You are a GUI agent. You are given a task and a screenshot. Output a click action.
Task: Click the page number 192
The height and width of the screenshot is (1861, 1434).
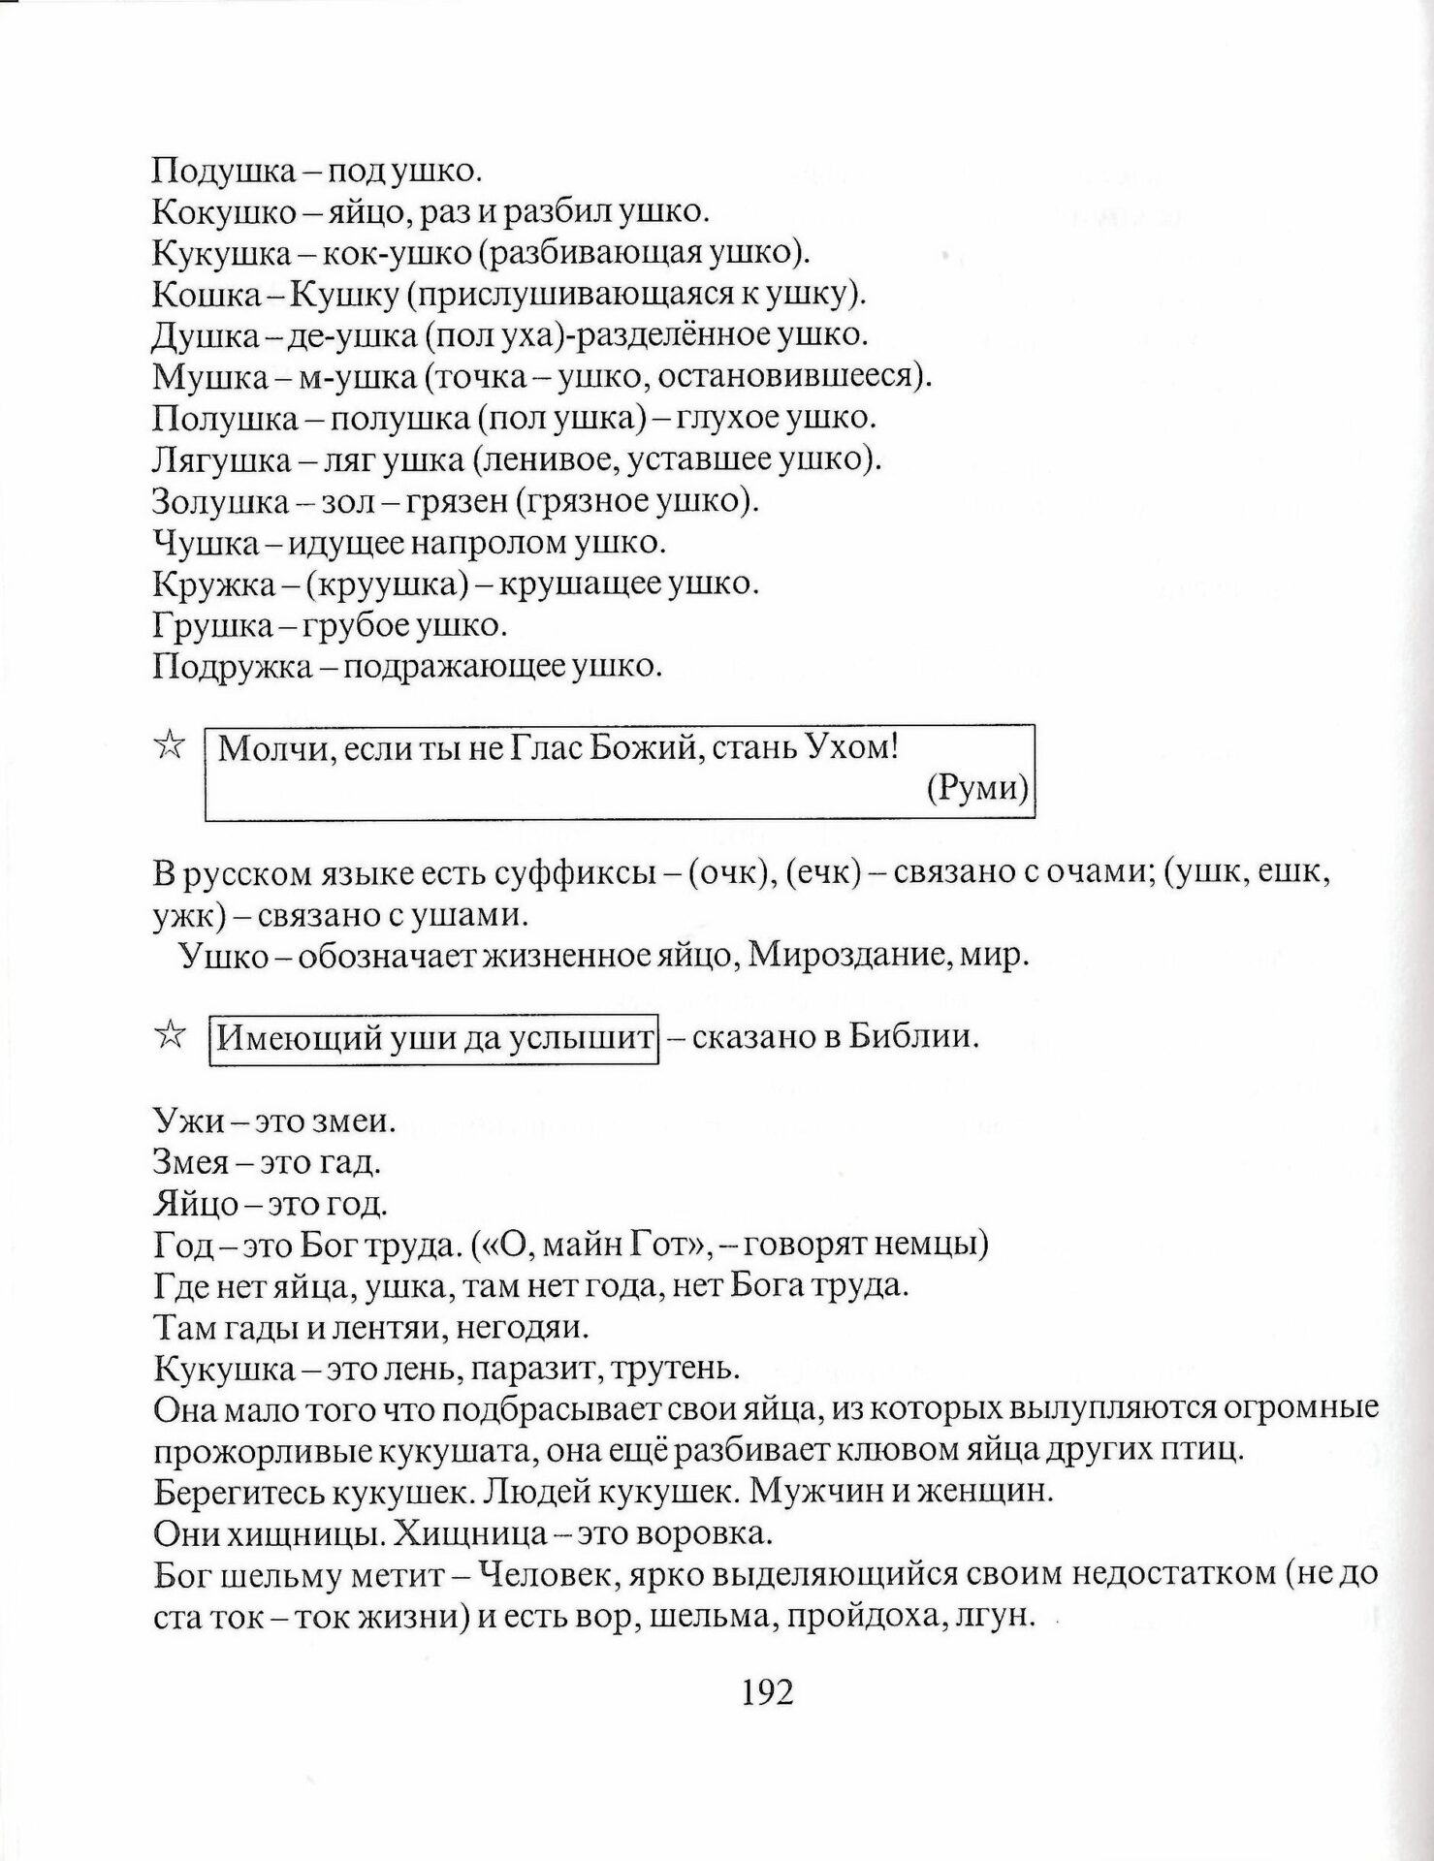pyautogui.click(x=767, y=1691)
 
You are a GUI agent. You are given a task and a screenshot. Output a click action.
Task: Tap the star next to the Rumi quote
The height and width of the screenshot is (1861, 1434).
pyautogui.click(x=168, y=746)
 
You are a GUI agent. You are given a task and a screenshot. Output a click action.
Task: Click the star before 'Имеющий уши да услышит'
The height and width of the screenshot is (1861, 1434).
pyautogui.click(x=168, y=1036)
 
